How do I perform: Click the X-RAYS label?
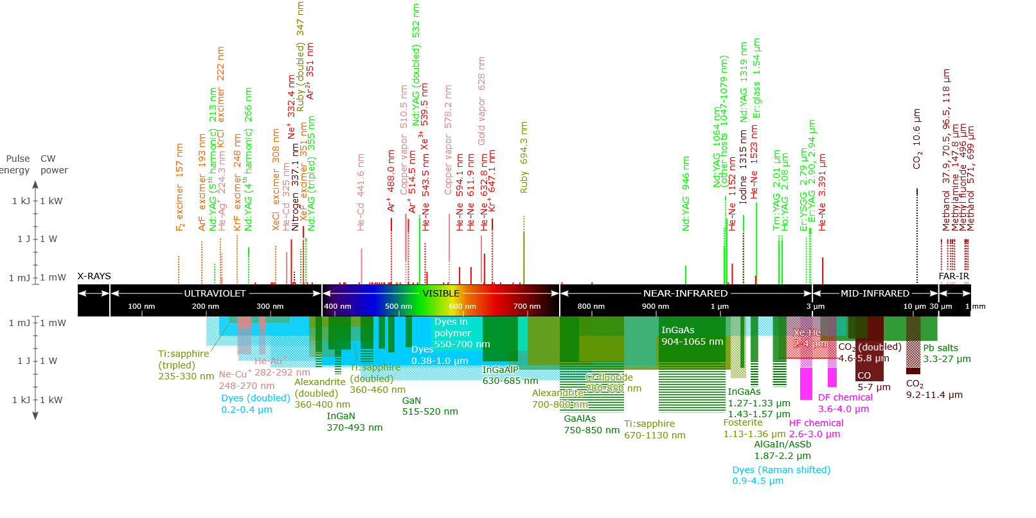pos(94,276)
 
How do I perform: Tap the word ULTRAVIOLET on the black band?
pos(215,293)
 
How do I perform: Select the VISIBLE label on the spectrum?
pos(441,293)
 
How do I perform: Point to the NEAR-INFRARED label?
pos(685,293)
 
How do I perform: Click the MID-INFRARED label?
pos(875,293)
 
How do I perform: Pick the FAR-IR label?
pos(954,276)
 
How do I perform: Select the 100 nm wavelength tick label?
pos(141,306)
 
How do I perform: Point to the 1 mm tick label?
pos(975,306)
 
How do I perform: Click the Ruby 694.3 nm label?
pos(524,157)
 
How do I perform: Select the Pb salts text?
pos(940,348)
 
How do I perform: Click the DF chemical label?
pos(845,397)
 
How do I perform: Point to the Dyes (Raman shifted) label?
pos(781,470)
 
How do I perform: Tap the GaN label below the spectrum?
pos(411,401)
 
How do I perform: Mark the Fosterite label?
pos(743,422)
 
